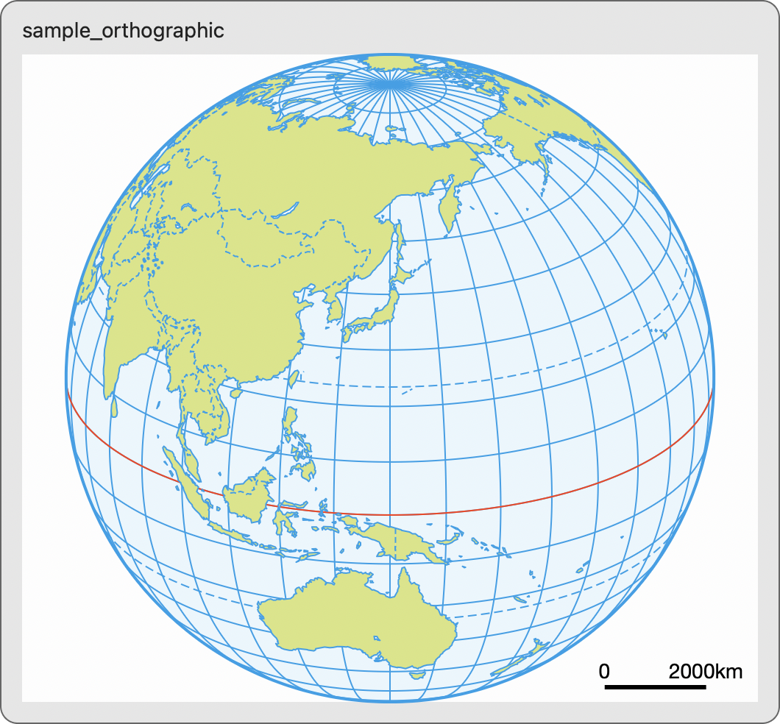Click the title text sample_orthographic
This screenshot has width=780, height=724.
[124, 31]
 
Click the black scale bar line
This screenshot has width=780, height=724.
[655, 687]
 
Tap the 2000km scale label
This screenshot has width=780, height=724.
[705, 671]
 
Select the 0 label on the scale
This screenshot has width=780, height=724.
[604, 671]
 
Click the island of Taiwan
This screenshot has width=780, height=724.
[291, 379]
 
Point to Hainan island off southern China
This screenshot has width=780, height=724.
[236, 393]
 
